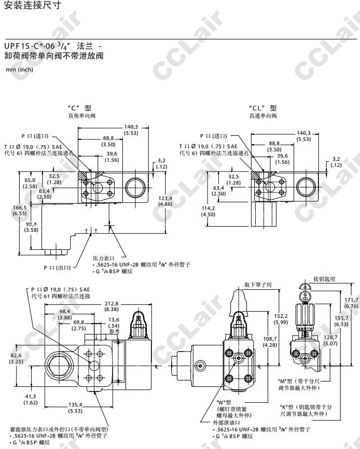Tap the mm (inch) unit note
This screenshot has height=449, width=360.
pos(19,69)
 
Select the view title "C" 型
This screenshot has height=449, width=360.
pos(82,108)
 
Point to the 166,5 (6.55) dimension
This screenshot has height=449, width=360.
pos(20,210)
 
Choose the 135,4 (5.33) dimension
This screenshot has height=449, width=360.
pos(75,408)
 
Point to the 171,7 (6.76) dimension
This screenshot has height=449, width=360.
pos(351,303)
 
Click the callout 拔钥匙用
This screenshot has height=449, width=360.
pos(324,278)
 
